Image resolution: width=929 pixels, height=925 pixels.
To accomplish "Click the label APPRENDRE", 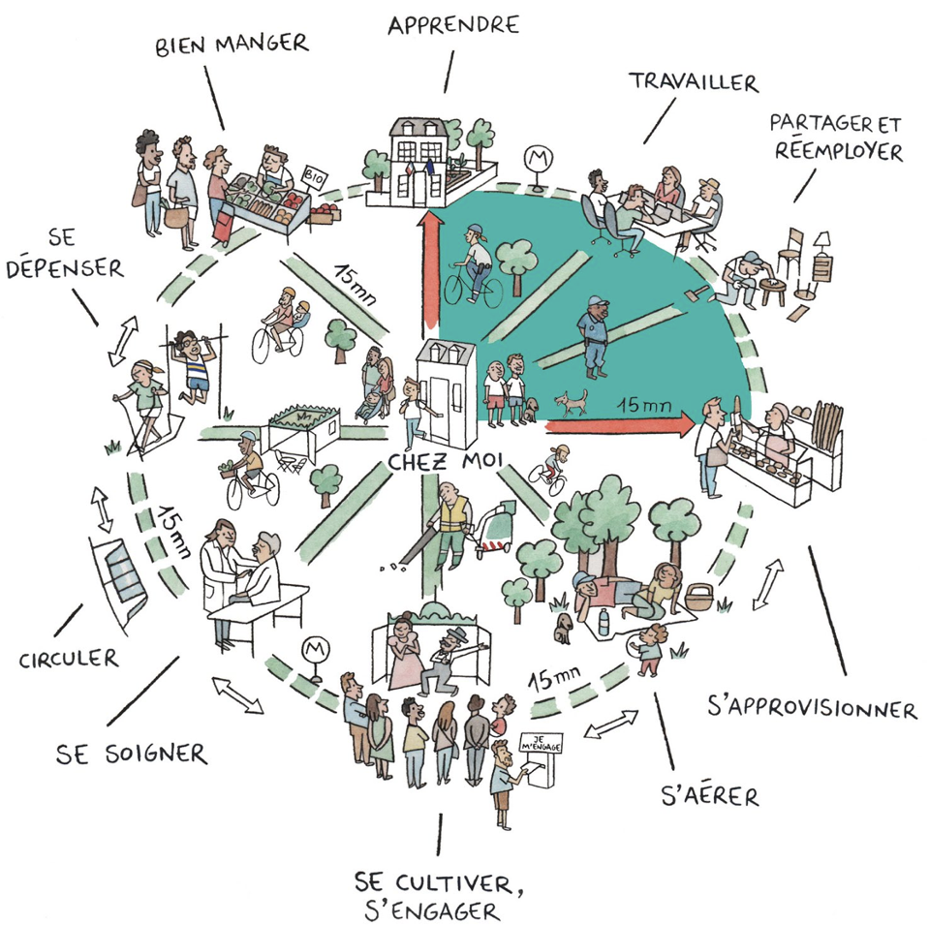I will (x=453, y=24).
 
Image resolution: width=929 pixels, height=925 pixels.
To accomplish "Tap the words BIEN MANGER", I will (x=232, y=44).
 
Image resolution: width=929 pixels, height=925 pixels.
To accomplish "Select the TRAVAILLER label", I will (x=693, y=82).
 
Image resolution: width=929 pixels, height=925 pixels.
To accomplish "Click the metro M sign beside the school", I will (x=534, y=158).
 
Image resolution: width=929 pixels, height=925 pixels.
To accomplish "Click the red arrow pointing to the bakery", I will (x=619, y=421).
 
